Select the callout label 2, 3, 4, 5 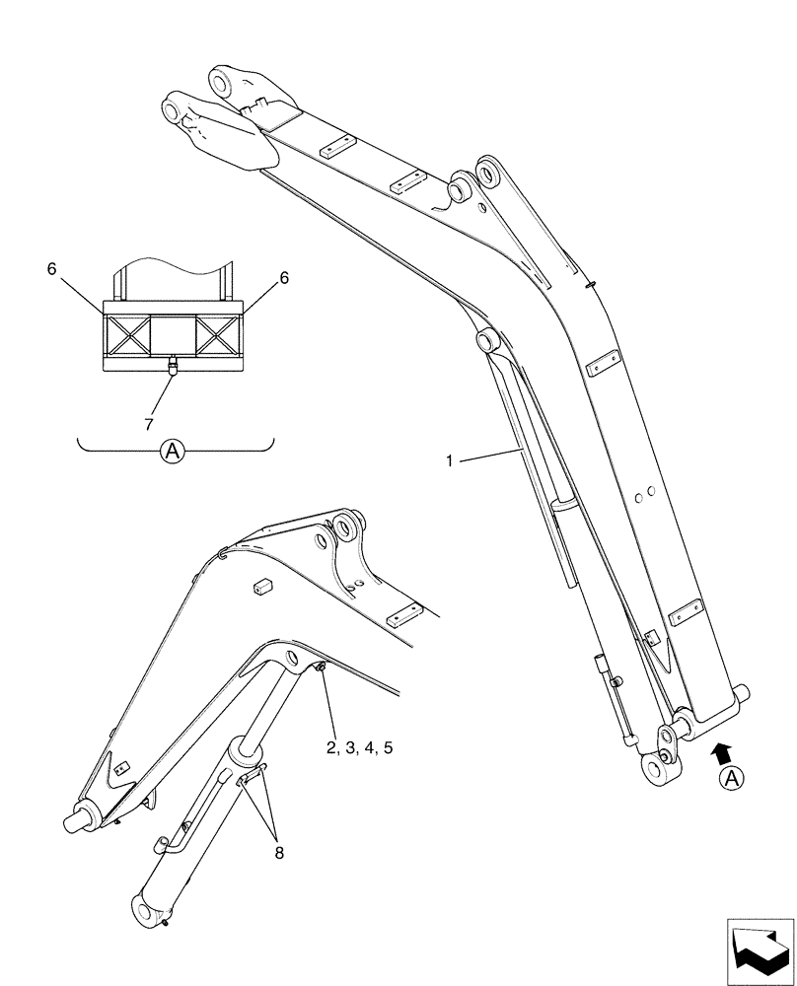click(x=360, y=749)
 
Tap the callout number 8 click(x=279, y=853)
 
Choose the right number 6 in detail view click(x=284, y=278)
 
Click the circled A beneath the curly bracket click(x=173, y=452)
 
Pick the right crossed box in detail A click(x=218, y=335)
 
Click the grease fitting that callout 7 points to click(x=172, y=368)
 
